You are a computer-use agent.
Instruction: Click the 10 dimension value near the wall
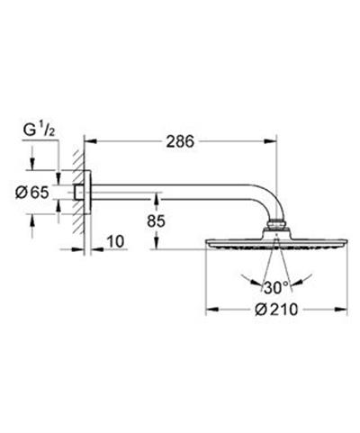115,242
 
